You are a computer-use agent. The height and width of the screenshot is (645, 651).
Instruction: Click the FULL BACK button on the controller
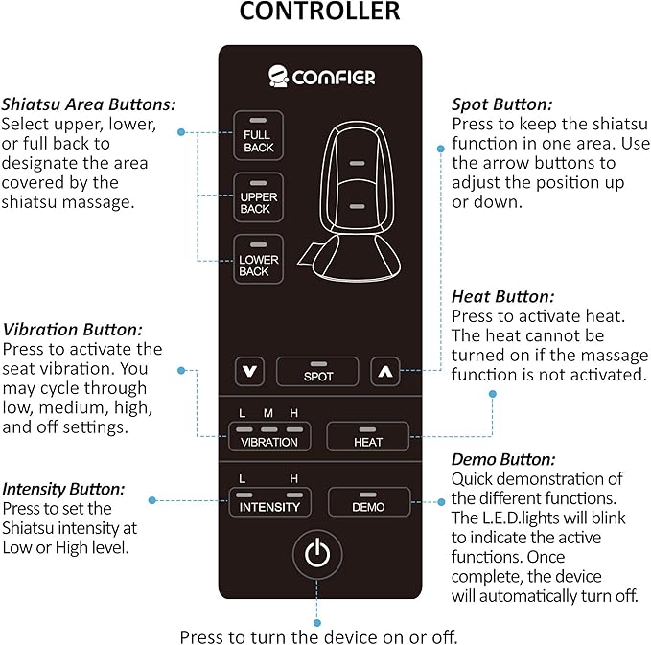257,135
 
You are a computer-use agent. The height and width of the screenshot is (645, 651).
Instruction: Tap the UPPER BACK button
257,197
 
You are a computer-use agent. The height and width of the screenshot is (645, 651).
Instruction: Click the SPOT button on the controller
317,371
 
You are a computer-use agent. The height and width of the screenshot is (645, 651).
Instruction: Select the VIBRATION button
269,436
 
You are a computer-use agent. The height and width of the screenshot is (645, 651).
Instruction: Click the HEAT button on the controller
367,436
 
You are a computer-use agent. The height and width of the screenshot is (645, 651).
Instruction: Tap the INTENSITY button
269,501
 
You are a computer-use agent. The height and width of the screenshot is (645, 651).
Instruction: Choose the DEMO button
367,501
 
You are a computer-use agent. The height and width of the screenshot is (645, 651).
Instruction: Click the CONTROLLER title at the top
319,13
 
